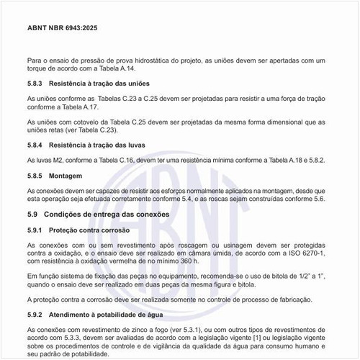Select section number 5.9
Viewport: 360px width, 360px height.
click(x=33, y=215)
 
